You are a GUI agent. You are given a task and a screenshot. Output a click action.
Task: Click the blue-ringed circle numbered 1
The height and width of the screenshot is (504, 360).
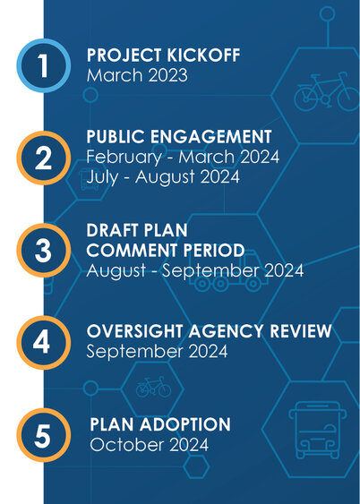click(x=44, y=65)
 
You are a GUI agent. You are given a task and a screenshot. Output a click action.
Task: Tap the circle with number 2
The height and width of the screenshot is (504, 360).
click(x=44, y=158)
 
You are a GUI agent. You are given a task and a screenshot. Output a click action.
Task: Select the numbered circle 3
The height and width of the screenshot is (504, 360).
click(x=44, y=250)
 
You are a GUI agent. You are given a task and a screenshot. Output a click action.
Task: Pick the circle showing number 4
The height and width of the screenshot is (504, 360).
click(x=44, y=342)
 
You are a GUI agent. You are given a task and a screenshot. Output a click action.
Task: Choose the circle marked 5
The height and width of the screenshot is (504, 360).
click(x=44, y=435)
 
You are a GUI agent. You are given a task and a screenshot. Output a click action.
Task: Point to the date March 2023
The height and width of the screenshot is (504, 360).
click(x=137, y=75)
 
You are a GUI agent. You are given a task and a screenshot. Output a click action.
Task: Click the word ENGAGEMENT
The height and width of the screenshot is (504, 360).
click(x=210, y=137)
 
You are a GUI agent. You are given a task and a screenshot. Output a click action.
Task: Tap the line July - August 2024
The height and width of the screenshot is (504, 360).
click(x=163, y=177)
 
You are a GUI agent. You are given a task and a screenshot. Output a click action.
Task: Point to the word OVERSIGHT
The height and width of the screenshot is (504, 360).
click(x=134, y=331)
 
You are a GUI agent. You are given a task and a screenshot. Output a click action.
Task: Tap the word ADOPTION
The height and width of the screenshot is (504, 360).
click(x=184, y=424)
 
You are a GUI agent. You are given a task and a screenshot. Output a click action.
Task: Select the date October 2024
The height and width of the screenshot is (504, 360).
click(x=150, y=445)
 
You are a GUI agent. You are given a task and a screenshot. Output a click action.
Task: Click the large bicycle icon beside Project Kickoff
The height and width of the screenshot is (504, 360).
click(x=326, y=91)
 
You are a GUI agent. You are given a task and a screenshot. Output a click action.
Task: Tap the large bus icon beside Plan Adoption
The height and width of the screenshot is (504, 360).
click(x=318, y=430)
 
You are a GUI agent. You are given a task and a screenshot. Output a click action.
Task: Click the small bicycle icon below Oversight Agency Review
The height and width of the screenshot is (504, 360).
click(x=153, y=387)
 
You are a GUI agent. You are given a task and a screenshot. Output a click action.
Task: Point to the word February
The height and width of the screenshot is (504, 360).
click(x=124, y=158)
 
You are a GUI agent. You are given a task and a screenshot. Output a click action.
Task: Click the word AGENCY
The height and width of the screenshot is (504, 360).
click(x=227, y=331)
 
